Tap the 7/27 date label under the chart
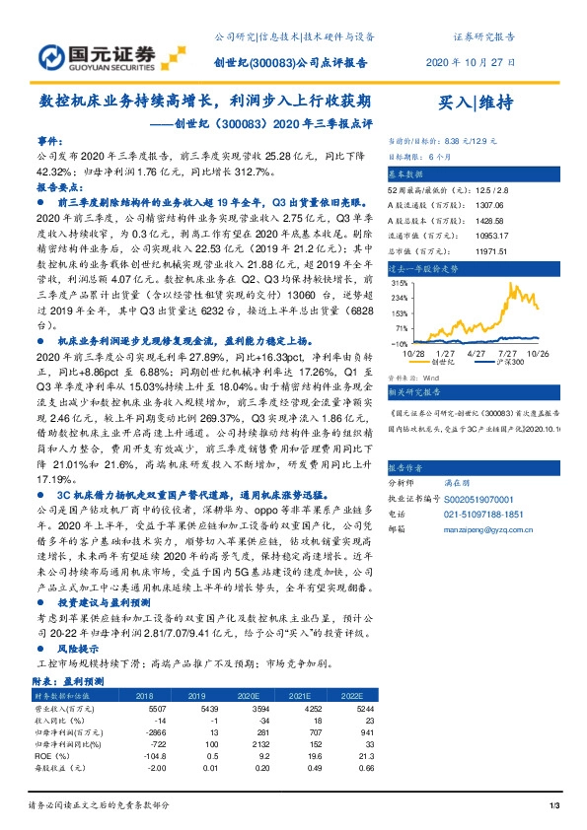click(x=510, y=353)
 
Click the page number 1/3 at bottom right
click(x=553, y=807)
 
